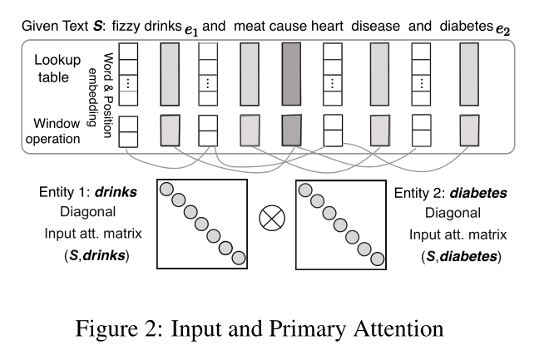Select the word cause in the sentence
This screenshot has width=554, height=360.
point(289,26)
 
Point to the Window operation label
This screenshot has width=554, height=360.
point(57,131)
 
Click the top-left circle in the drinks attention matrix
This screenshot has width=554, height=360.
point(165,189)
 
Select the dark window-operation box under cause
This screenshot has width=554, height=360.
point(291,131)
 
